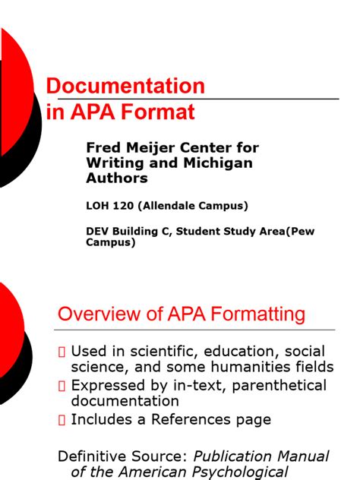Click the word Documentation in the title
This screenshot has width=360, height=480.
tap(126, 86)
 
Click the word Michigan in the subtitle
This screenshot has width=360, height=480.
tap(221, 163)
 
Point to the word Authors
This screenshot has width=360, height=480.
tap(117, 178)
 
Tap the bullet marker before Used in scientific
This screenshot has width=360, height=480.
tap(63, 352)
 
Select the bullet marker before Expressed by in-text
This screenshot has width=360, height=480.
tap(63, 385)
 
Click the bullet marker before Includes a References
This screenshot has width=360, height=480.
tap(63, 419)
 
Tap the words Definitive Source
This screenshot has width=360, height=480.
tap(123, 456)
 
